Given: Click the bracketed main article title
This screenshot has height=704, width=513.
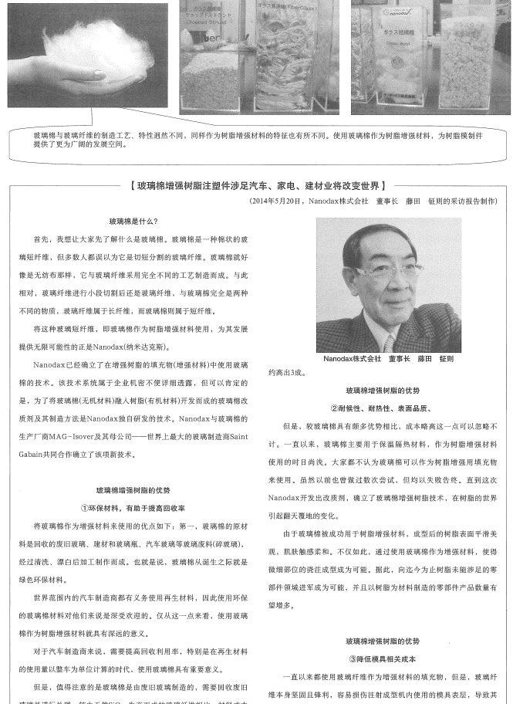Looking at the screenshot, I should pos(258,186).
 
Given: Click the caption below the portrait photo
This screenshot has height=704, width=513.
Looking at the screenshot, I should pos(388,359).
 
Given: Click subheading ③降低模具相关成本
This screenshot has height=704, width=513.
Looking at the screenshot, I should pos(383,658).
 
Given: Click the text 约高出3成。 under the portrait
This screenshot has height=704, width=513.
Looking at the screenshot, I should pos(286,373).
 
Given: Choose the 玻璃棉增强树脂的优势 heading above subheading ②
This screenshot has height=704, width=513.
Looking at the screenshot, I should pos(383,391).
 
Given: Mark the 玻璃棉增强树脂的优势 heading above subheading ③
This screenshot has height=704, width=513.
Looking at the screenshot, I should pos(383,641).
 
